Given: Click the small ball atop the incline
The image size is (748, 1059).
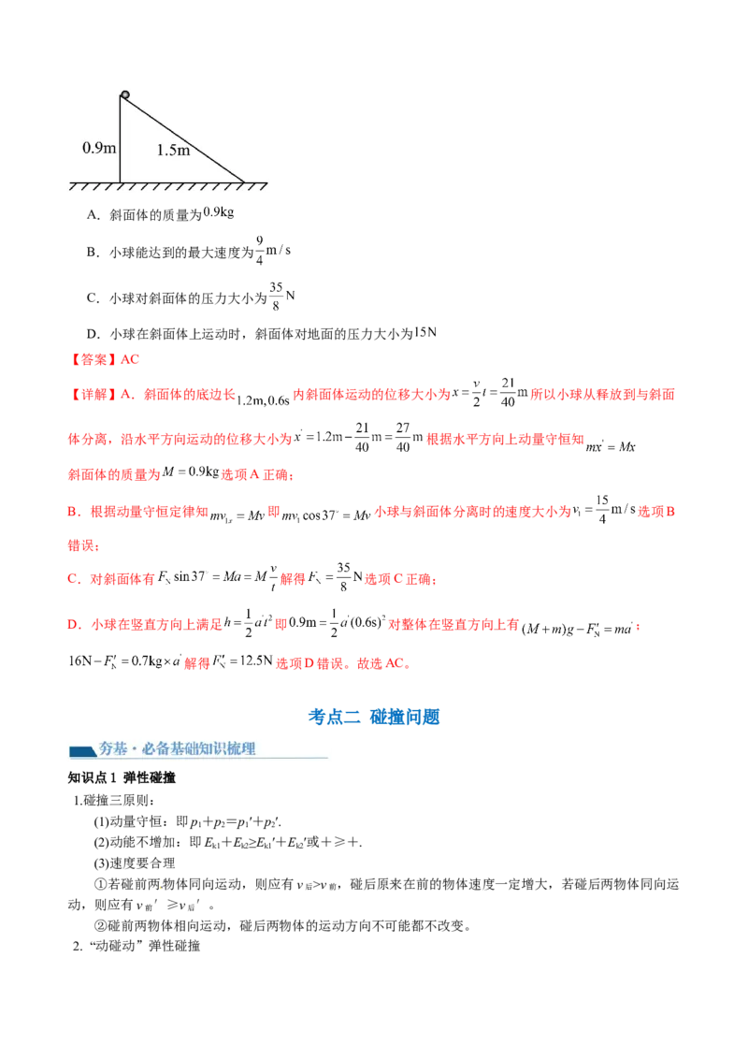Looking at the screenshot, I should click(124, 94).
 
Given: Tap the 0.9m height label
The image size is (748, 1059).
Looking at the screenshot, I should click(98, 148).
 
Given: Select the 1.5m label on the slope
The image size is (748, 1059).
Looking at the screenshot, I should click(173, 150).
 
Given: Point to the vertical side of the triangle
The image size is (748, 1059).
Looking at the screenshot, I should click(120, 140).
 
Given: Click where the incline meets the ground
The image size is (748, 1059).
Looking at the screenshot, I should click(244, 181).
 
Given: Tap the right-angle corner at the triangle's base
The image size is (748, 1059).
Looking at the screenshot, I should click(121, 181).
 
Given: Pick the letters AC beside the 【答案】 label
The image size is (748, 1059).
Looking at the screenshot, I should click(131, 359).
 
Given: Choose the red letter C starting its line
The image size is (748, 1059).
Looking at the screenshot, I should click(72, 580).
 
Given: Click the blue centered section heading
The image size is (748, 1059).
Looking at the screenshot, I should click(374, 717).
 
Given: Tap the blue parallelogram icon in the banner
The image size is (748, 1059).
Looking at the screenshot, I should click(81, 749).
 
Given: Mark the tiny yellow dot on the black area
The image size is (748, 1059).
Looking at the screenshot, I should click(161, 886).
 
